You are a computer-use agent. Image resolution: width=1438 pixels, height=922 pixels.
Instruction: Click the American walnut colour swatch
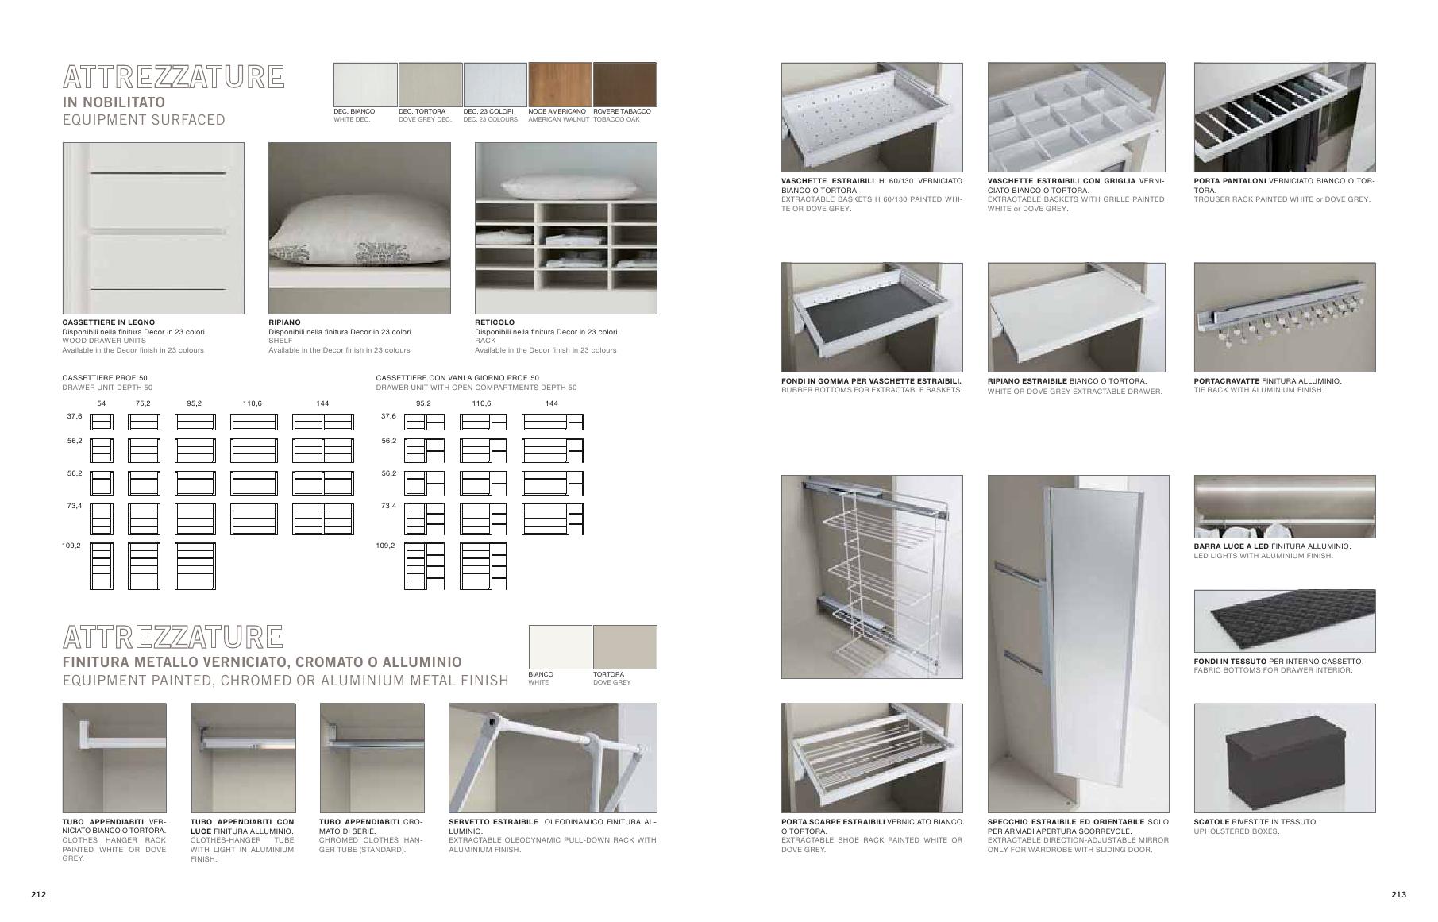[x=560, y=84]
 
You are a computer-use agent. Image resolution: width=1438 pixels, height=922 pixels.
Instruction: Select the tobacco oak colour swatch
[x=625, y=84]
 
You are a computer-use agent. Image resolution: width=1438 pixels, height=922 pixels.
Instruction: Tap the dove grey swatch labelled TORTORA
[x=625, y=647]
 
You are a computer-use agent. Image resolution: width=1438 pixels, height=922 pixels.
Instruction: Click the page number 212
[x=39, y=894]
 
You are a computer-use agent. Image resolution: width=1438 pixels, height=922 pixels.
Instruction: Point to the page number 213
[x=1399, y=894]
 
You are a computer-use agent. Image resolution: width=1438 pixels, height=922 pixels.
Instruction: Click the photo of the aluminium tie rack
[x=1285, y=318]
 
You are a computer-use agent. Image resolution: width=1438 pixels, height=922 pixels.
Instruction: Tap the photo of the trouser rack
[x=1285, y=118]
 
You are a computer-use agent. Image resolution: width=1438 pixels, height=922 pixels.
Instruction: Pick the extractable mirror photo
[x=1078, y=642]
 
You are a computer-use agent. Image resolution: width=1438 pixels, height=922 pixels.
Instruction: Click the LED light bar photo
[x=1285, y=507]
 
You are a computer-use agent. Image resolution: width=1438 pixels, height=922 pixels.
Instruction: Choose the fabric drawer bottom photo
[x=1285, y=621]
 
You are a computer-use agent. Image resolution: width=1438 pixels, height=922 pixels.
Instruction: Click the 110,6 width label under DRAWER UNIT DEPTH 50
[x=253, y=403]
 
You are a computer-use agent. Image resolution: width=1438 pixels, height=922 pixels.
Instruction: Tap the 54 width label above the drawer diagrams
[x=102, y=403]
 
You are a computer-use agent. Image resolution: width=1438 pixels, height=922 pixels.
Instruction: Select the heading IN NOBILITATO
[x=114, y=102]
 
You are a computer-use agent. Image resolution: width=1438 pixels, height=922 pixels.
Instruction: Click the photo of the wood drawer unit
[x=153, y=229]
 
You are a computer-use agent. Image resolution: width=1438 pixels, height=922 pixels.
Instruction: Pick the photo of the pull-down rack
[x=553, y=758]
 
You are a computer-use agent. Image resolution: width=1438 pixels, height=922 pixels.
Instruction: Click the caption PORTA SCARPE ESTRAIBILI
[x=833, y=822]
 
